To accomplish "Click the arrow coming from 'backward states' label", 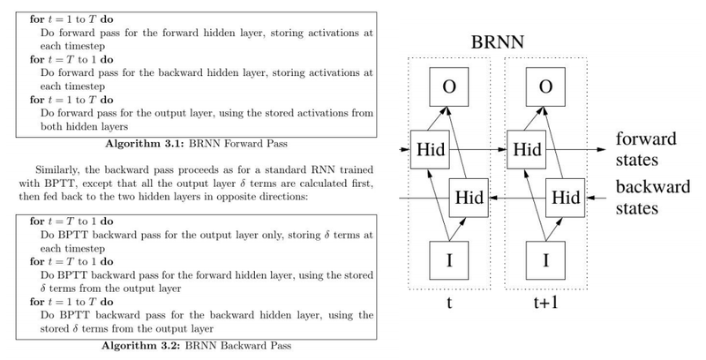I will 596,199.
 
